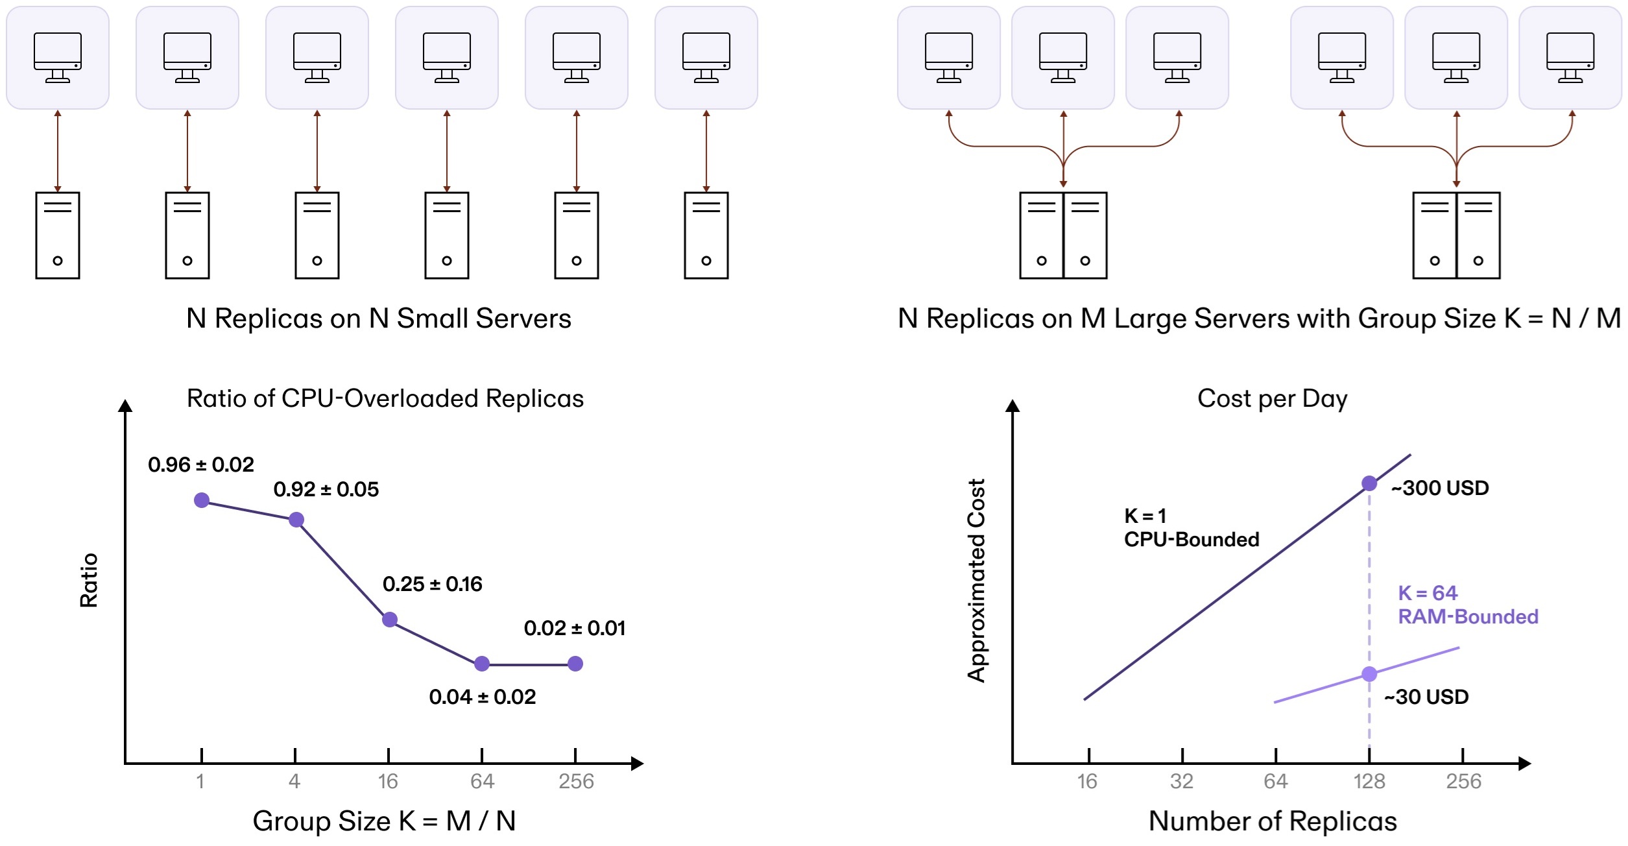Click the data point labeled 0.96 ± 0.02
[x=202, y=500]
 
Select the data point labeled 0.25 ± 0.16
[x=390, y=620]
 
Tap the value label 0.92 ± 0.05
[x=326, y=489]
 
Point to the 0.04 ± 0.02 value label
[x=483, y=697]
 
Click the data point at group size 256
[x=575, y=664]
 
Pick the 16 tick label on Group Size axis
[x=388, y=781]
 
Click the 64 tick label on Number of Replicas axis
[x=1275, y=781]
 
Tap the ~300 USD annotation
[x=1440, y=488]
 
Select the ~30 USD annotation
[x=1426, y=697]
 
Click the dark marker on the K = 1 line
[x=1369, y=483]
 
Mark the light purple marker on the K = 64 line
[x=1369, y=674]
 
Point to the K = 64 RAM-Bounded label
[x=1468, y=605]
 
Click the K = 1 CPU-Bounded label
[x=1191, y=527]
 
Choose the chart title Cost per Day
[x=1272, y=398]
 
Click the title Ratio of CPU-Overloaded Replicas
[x=385, y=398]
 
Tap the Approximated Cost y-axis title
[x=976, y=581]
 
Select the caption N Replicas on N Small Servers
[x=379, y=319]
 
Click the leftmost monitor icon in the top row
[x=58, y=58]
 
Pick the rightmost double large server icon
[x=1456, y=235]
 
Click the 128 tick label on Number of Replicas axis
[x=1369, y=781]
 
